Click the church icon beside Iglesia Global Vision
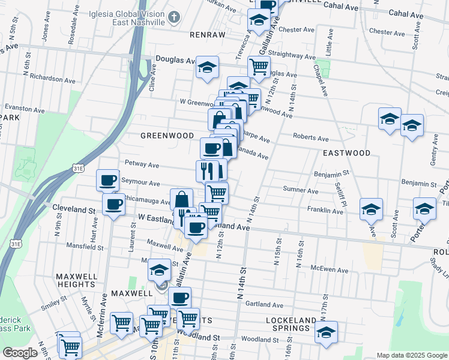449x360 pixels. tap(173, 17)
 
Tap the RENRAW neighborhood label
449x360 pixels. tap(207, 35)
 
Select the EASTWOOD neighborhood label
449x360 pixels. tap(346, 154)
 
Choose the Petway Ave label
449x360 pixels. tap(141, 163)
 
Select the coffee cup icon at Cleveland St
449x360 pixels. tap(113, 204)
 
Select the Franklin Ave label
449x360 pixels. tap(321, 210)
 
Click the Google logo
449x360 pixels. tap(20, 353)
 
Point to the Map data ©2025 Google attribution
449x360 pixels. tap(411, 355)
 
